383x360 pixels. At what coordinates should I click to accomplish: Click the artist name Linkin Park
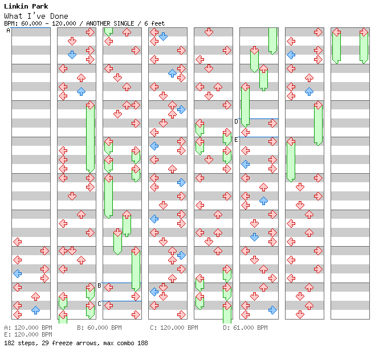[x=26, y=6]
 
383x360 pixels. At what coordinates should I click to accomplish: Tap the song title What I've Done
[x=36, y=16]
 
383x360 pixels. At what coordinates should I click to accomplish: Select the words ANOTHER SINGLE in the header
[x=110, y=23]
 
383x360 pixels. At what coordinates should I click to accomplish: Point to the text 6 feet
[x=154, y=23]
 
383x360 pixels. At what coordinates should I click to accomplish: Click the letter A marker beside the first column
[x=8, y=30]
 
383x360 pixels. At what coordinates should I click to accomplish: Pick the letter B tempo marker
[x=99, y=285]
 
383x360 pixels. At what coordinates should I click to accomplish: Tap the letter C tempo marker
[x=99, y=304]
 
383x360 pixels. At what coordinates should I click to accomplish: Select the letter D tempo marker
[x=236, y=121]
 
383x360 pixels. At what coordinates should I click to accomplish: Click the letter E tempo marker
[x=236, y=140]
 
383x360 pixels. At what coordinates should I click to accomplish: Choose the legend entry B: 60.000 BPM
[x=99, y=328]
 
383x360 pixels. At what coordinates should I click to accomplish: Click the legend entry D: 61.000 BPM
[x=245, y=328]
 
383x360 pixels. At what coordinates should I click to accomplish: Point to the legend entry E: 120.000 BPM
[x=28, y=334]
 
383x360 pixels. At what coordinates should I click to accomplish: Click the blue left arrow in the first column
[x=18, y=273]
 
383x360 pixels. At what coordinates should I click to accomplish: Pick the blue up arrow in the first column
[x=36, y=310]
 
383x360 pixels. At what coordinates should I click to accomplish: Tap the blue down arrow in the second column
[x=72, y=55]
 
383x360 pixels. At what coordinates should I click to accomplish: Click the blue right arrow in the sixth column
[x=272, y=310]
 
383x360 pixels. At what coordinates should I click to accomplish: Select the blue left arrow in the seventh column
[x=291, y=55]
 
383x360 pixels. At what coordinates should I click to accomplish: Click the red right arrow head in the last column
[x=364, y=32]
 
